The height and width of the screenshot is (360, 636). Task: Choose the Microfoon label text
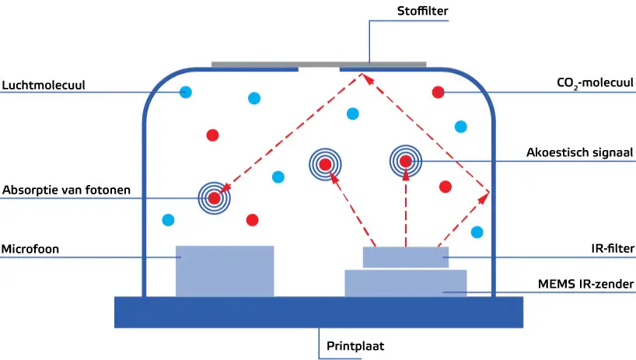coord(30,249)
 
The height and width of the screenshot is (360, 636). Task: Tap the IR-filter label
coord(612,249)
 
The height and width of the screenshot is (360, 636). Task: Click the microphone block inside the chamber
coord(225,271)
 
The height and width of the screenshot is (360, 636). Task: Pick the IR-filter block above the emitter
coord(405,257)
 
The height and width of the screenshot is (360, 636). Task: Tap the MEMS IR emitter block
coord(405,283)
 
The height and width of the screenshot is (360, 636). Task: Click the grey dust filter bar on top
coord(319,64)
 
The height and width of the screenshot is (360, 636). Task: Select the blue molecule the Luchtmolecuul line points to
coord(186,93)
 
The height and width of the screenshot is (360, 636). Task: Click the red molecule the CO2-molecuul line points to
coord(438,93)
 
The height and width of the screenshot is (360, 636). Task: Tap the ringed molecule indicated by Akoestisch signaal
coord(405,161)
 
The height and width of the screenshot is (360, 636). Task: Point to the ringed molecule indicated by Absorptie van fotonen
coord(215,197)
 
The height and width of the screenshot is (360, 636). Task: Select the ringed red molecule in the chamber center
coord(325,163)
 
